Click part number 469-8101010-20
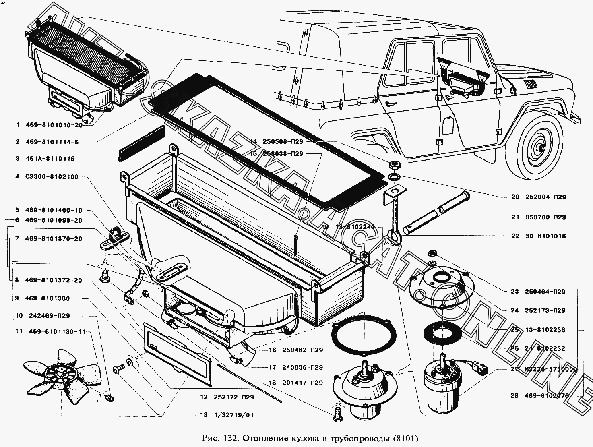(54, 125)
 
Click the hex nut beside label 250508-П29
(393, 165)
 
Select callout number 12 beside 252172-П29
(204, 397)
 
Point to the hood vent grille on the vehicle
(529, 85)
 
